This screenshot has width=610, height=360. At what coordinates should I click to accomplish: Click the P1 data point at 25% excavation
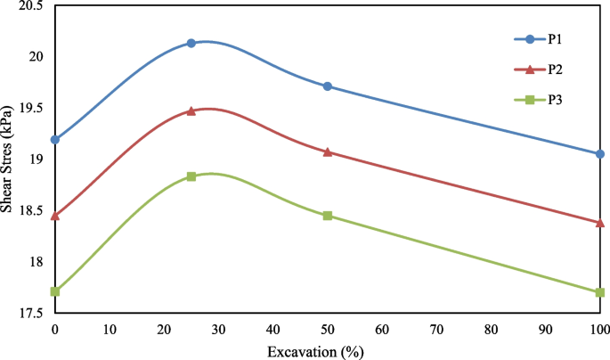point(191,43)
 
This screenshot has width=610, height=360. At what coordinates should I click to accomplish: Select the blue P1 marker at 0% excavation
point(55,139)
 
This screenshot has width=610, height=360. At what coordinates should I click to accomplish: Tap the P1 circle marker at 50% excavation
point(328,86)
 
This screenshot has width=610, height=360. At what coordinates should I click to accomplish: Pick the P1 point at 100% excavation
point(599,154)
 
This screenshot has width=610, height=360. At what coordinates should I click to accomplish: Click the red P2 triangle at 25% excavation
point(191,111)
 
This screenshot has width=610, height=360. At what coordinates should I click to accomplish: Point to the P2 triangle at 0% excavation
point(55,216)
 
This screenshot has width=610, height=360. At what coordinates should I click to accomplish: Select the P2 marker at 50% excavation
point(328,152)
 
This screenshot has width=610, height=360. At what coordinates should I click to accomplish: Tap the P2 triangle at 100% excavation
point(599,222)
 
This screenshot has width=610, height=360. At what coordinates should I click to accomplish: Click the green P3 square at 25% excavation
point(191,176)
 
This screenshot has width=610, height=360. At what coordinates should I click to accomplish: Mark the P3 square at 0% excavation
point(55,291)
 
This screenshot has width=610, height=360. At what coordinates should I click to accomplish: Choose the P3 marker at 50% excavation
point(328,216)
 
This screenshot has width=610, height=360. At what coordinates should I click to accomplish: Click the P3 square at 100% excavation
point(599,292)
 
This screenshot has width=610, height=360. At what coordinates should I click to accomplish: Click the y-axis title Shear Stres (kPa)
point(10,160)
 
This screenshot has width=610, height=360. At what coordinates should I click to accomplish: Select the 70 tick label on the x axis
point(436,330)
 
